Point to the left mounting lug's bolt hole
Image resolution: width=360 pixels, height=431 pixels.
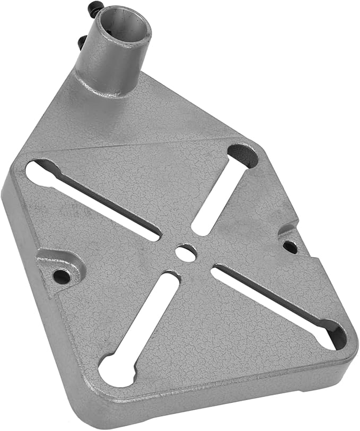[x=63, y=276]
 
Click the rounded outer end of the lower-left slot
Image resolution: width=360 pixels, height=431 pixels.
[x=113, y=366]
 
